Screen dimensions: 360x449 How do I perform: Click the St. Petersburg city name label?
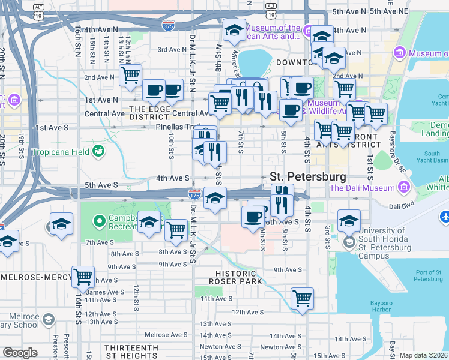308,177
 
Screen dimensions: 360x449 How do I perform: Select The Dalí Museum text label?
362,188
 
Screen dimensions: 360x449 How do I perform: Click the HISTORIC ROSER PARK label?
239,277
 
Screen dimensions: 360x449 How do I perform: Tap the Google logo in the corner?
20,352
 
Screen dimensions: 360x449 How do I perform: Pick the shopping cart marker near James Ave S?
82,277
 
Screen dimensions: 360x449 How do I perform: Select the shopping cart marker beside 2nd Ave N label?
130,75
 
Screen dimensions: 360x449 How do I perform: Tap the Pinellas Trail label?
178,127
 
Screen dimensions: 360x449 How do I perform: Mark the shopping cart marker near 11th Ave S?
301,298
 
